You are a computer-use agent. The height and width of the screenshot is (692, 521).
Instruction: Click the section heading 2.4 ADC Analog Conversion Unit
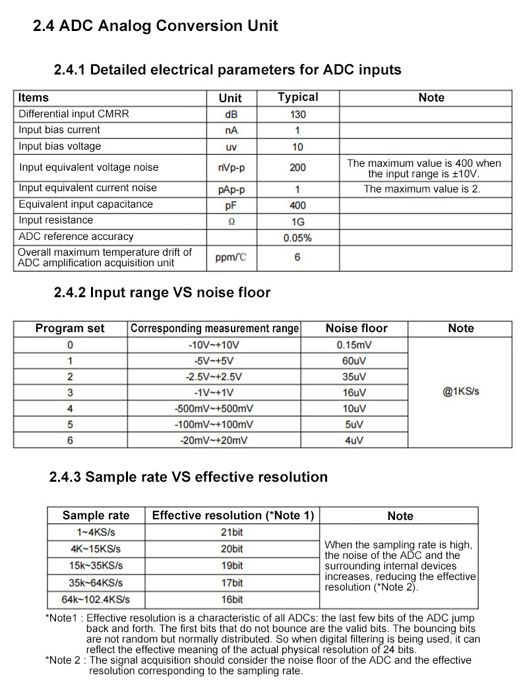[156, 26]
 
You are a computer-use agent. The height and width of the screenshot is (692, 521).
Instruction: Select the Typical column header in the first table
[297, 98]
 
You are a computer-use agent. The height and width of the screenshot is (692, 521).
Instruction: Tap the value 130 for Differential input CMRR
[297, 114]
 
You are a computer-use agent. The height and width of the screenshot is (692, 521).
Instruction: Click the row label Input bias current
[59, 130]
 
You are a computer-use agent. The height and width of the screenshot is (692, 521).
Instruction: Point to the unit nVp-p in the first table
[230, 167]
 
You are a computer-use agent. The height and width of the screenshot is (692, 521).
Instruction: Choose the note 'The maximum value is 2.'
[422, 188]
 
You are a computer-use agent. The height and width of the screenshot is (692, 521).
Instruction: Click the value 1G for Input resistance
[297, 221]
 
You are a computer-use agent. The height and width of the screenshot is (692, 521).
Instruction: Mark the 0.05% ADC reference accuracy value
[297, 238]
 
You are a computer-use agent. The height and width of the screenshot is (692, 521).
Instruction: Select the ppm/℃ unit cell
[230, 257]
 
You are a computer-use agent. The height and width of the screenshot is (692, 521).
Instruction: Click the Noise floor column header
[356, 328]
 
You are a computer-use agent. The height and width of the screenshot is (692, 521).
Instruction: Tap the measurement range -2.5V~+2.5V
[214, 377]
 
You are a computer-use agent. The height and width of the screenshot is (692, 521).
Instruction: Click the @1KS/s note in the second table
[461, 391]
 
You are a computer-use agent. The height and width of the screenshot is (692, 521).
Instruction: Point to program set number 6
[70, 440]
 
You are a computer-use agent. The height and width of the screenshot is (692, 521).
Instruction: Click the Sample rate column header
[96, 515]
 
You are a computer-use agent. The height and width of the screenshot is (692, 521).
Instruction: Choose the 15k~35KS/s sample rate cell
[96, 565]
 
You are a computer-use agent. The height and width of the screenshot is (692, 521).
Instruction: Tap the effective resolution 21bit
[232, 532]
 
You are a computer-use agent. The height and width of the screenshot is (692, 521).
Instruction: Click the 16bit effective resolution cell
[232, 600]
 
